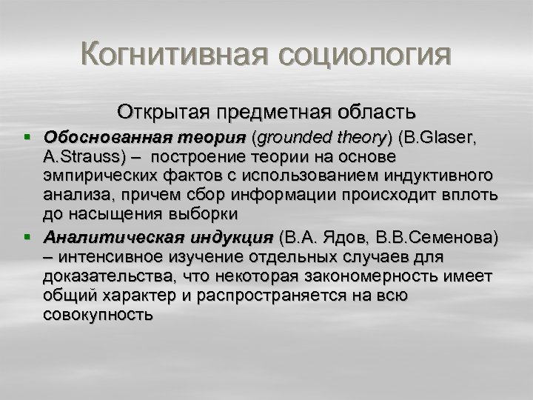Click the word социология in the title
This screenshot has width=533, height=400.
(355, 55)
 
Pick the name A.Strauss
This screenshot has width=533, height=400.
(75, 157)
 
